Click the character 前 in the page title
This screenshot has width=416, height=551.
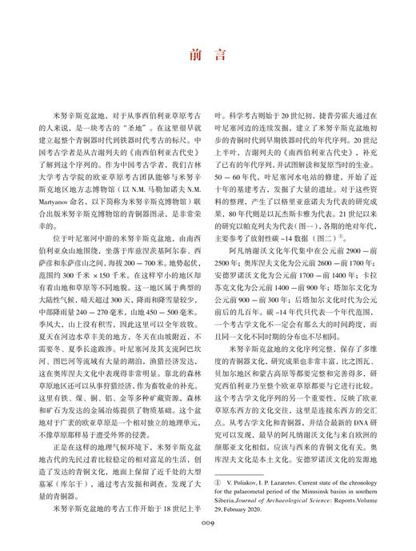(194, 55)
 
